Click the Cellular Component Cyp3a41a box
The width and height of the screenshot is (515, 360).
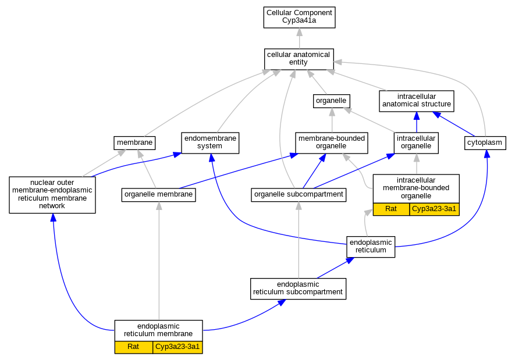pyautogui.click(x=299, y=17)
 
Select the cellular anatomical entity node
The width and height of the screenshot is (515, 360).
pyautogui.click(x=299, y=59)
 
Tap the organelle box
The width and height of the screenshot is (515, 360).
pyautogui.click(x=331, y=101)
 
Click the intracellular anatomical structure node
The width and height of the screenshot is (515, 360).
pyautogui.click(x=417, y=101)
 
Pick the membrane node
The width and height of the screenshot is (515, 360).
pyautogui.click(x=134, y=142)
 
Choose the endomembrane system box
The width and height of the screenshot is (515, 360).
pyautogui.click(x=210, y=142)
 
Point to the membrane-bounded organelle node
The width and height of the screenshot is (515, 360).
pyautogui.click(x=331, y=142)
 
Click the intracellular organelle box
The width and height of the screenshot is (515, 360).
pyautogui.click(x=416, y=142)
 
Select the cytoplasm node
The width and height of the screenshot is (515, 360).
pyautogui.click(x=485, y=142)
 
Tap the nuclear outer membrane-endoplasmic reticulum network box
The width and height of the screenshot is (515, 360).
pyautogui.click(x=52, y=195)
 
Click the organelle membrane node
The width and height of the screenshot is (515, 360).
pyautogui.click(x=159, y=195)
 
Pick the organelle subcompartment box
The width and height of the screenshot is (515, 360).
pyautogui.click(x=299, y=195)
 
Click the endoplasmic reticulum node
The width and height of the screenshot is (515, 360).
pyautogui.click(x=371, y=247)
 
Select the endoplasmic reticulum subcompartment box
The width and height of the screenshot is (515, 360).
pyautogui.click(x=298, y=289)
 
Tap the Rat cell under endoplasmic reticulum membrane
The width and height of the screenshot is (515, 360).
pyautogui.click(x=134, y=347)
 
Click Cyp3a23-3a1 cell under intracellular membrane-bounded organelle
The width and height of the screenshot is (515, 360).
pyautogui.click(x=434, y=209)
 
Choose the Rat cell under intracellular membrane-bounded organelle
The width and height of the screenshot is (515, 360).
pyautogui.click(x=391, y=209)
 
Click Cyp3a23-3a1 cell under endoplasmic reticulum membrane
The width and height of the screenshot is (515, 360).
pyautogui.click(x=177, y=347)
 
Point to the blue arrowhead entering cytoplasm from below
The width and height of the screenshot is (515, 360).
pyautogui.click(x=487, y=154)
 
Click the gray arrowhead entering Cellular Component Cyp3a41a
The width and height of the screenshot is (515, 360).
pyautogui.click(x=299, y=32)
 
